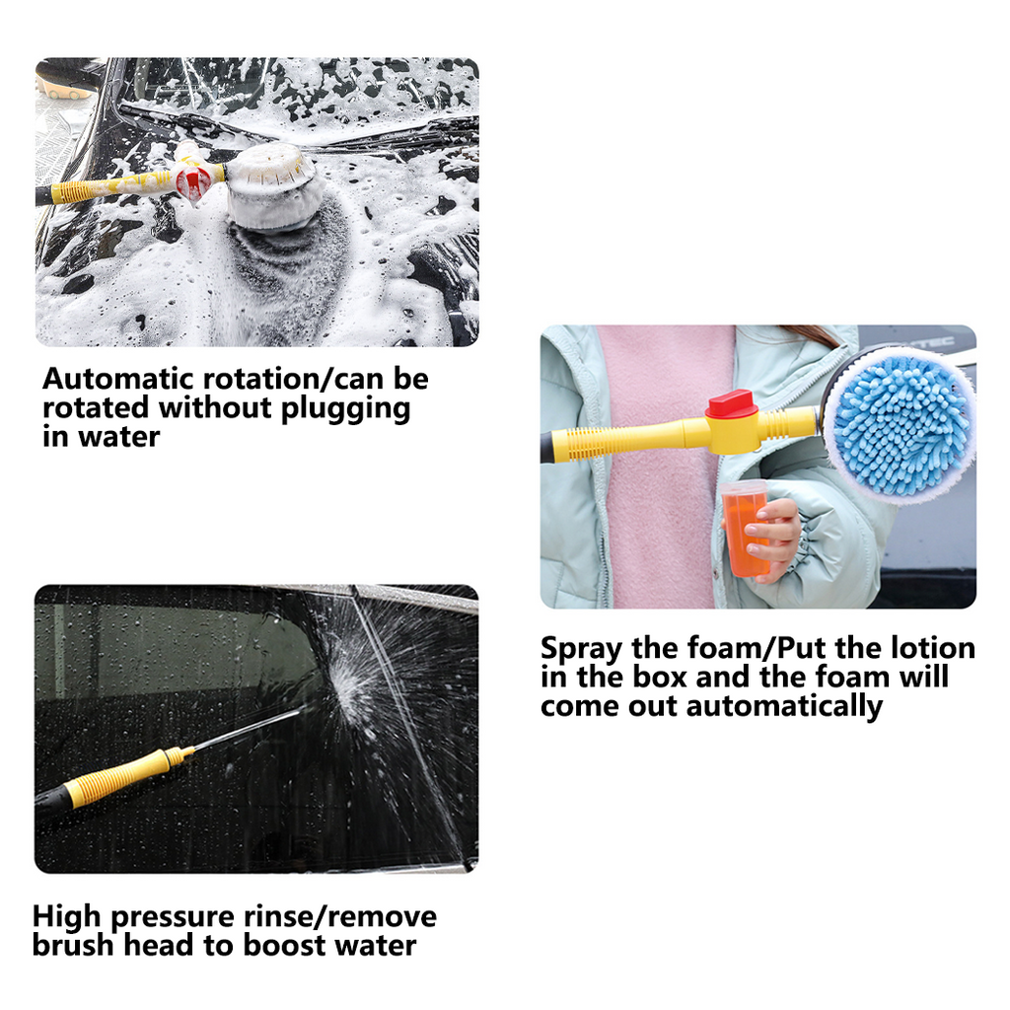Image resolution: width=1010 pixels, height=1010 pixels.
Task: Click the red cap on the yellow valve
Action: [x=731, y=404]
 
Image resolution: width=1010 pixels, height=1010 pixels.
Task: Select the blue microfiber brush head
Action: [x=900, y=426]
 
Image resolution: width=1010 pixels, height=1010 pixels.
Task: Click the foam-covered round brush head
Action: [x=273, y=184]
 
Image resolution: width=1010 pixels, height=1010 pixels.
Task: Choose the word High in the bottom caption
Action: [x=66, y=916]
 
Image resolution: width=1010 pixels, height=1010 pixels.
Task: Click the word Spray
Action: [x=582, y=648]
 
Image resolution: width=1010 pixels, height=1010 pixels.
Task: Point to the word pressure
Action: [x=175, y=916]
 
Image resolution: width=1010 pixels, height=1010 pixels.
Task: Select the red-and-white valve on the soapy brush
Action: [x=195, y=179]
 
